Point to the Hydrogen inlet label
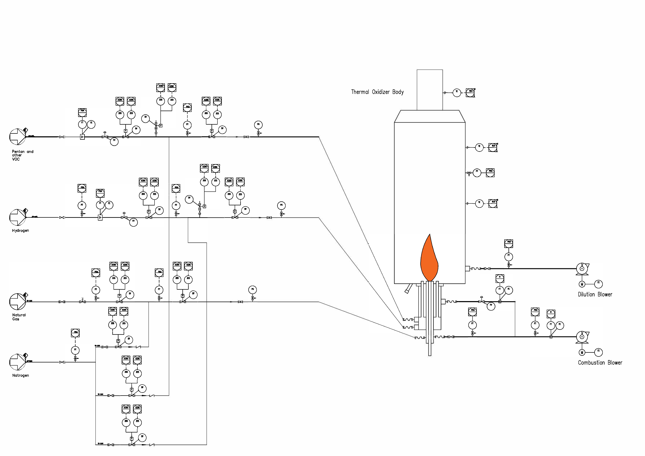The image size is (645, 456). click(x=20, y=231)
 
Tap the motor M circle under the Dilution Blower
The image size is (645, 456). click(x=582, y=284)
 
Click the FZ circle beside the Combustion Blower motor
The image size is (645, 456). click(x=598, y=352)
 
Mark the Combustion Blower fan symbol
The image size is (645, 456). click(x=582, y=337)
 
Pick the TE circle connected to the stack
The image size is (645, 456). click(x=457, y=93)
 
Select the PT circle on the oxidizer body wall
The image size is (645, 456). click(x=477, y=173)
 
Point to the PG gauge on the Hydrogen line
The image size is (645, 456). click(x=281, y=206)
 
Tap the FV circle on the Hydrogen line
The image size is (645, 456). click(x=133, y=222)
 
